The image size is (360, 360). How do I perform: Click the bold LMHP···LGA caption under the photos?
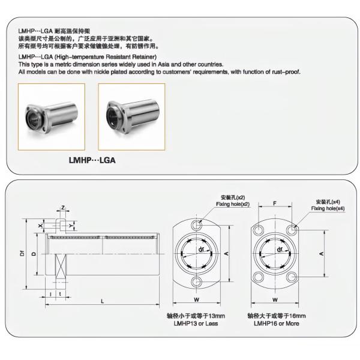[92, 160]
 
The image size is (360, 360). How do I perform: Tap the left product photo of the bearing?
[52, 117]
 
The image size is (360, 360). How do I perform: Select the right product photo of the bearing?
[131, 117]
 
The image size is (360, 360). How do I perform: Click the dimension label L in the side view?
[103, 301]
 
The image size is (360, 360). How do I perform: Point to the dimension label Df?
[22, 253]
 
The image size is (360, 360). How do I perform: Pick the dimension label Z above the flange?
[63, 208]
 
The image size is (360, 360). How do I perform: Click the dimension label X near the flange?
[40, 226]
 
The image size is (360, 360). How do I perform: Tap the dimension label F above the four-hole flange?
[275, 203]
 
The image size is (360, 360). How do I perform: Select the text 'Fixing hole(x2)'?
[233, 204]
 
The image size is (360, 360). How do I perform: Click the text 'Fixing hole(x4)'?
[328, 208]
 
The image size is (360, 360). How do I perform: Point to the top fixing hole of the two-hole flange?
[197, 225]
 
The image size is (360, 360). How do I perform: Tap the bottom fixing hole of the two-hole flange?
[197, 282]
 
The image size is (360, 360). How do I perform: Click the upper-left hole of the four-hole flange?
[259, 230]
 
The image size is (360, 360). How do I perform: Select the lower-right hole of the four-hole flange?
[292, 277]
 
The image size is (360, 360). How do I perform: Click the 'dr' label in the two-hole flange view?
[201, 249]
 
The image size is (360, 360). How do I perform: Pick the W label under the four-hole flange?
[275, 299]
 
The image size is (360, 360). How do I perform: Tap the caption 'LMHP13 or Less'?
[196, 323]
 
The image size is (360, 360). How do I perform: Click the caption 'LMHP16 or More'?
[277, 323]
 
